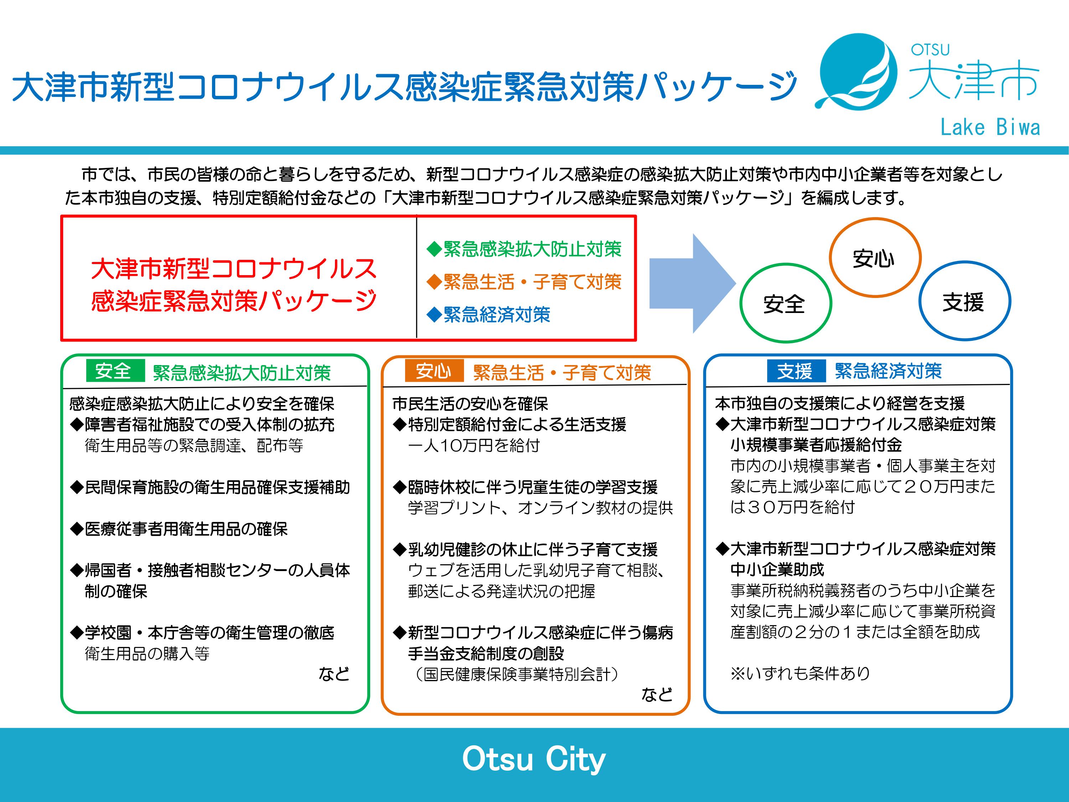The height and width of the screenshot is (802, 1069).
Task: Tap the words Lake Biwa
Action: click(990, 128)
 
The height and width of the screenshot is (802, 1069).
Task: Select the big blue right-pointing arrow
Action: click(692, 284)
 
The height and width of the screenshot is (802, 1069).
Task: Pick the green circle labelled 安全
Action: click(741, 303)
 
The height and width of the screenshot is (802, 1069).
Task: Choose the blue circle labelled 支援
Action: click(920, 301)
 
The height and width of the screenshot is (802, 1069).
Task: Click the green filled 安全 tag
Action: click(115, 371)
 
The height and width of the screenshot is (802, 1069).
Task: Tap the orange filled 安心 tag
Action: click(434, 371)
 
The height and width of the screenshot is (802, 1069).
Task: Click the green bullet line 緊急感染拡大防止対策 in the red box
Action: click(524, 249)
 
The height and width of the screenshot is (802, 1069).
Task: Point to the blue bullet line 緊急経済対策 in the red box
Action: click(488, 315)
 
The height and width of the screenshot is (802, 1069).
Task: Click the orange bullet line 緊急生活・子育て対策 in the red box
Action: click(524, 282)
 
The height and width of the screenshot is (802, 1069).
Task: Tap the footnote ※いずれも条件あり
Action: click(800, 673)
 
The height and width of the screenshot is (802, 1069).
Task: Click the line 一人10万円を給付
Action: click(474, 445)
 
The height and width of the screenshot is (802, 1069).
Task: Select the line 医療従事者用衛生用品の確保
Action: click(179, 529)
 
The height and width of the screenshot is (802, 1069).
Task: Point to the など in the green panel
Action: click(334, 673)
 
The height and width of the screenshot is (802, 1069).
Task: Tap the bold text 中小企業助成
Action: click(777, 570)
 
